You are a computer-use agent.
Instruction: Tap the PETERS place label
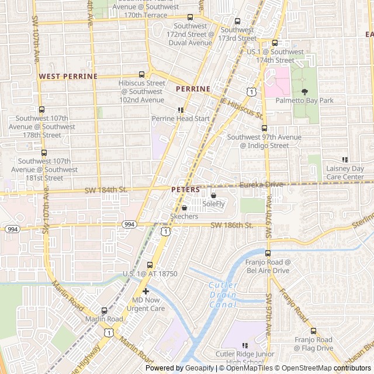(x=186, y=190)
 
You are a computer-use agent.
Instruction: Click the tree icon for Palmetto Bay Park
(x=304, y=91)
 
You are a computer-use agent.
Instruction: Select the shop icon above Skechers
(x=185, y=207)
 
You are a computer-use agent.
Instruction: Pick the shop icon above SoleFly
(x=213, y=195)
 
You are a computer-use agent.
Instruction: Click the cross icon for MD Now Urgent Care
(x=146, y=291)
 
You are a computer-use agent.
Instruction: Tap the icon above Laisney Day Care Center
(x=345, y=160)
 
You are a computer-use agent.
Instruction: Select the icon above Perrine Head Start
(x=181, y=109)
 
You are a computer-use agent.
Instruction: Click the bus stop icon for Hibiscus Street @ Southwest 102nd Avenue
(x=141, y=74)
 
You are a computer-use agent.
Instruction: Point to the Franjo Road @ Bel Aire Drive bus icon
(x=268, y=254)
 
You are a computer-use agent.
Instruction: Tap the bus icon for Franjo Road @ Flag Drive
(x=313, y=331)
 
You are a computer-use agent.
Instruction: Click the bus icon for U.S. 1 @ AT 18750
(x=150, y=265)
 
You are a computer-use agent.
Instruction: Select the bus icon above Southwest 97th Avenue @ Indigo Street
(x=264, y=128)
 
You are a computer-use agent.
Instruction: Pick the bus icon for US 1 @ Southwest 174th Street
(x=275, y=43)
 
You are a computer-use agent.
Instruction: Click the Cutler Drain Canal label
(x=222, y=295)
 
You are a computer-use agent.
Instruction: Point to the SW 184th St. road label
(x=106, y=189)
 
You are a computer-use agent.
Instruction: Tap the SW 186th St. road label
(x=231, y=225)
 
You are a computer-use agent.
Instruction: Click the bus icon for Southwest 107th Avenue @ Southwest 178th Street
(x=41, y=109)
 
